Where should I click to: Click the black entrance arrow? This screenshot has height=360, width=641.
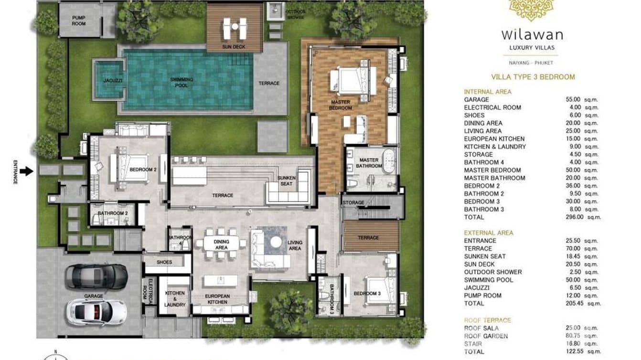(27, 171)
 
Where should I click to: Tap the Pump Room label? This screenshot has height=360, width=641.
(79, 21)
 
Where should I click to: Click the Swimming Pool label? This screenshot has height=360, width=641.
(182, 82)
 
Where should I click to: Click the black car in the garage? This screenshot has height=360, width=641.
(96, 276)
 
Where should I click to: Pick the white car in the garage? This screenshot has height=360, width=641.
(97, 312)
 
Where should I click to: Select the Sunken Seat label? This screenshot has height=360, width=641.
(287, 180)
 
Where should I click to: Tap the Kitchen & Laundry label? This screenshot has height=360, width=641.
(174, 299)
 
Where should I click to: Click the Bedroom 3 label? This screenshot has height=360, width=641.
(367, 294)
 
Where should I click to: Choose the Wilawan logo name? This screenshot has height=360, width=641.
(532, 34)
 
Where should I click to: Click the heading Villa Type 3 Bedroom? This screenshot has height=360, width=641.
(533, 77)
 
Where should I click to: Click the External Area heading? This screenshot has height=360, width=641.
(489, 233)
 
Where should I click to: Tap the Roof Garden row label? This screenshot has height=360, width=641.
(486, 336)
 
